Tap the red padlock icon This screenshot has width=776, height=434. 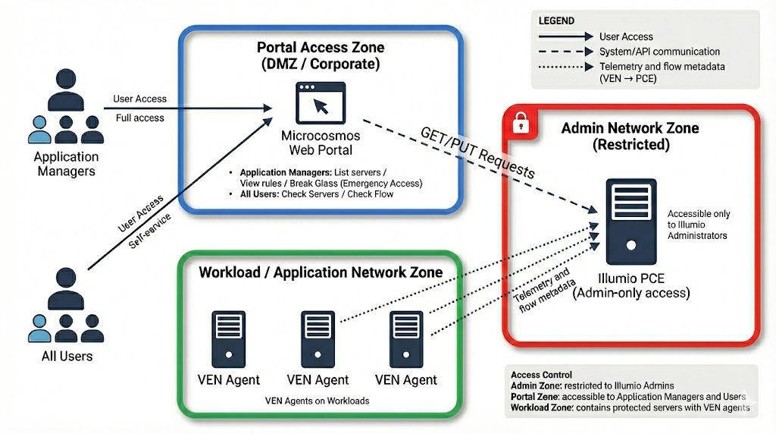521,121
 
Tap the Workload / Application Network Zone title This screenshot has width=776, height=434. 321,272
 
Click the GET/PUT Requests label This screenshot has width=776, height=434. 477,152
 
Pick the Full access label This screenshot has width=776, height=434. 139,118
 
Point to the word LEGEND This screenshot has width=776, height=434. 556,20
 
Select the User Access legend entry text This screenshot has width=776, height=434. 626,36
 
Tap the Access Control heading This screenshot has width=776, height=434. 541,375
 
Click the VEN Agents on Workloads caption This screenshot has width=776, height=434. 317,400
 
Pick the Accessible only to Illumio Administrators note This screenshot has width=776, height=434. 699,225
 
